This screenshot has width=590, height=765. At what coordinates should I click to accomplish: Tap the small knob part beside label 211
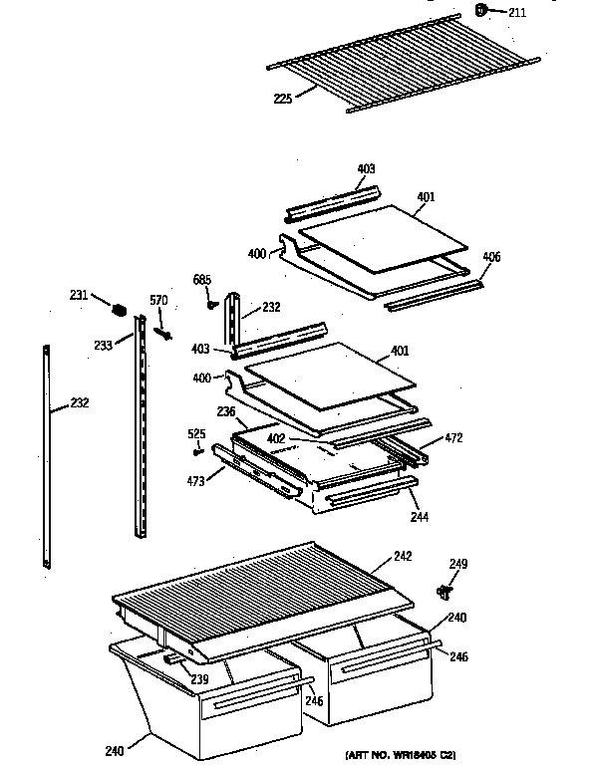tap(482, 11)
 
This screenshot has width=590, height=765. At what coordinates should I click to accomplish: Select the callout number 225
tap(281, 98)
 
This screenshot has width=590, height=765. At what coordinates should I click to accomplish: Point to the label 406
tap(491, 258)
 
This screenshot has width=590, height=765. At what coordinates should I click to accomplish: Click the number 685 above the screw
tap(202, 280)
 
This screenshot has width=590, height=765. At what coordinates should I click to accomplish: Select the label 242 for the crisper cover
tap(403, 556)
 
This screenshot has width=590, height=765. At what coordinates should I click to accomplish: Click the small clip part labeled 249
tap(445, 593)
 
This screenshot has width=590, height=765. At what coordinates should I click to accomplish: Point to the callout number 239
tap(199, 680)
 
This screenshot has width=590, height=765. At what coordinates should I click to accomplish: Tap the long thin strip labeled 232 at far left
tap(46, 458)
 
